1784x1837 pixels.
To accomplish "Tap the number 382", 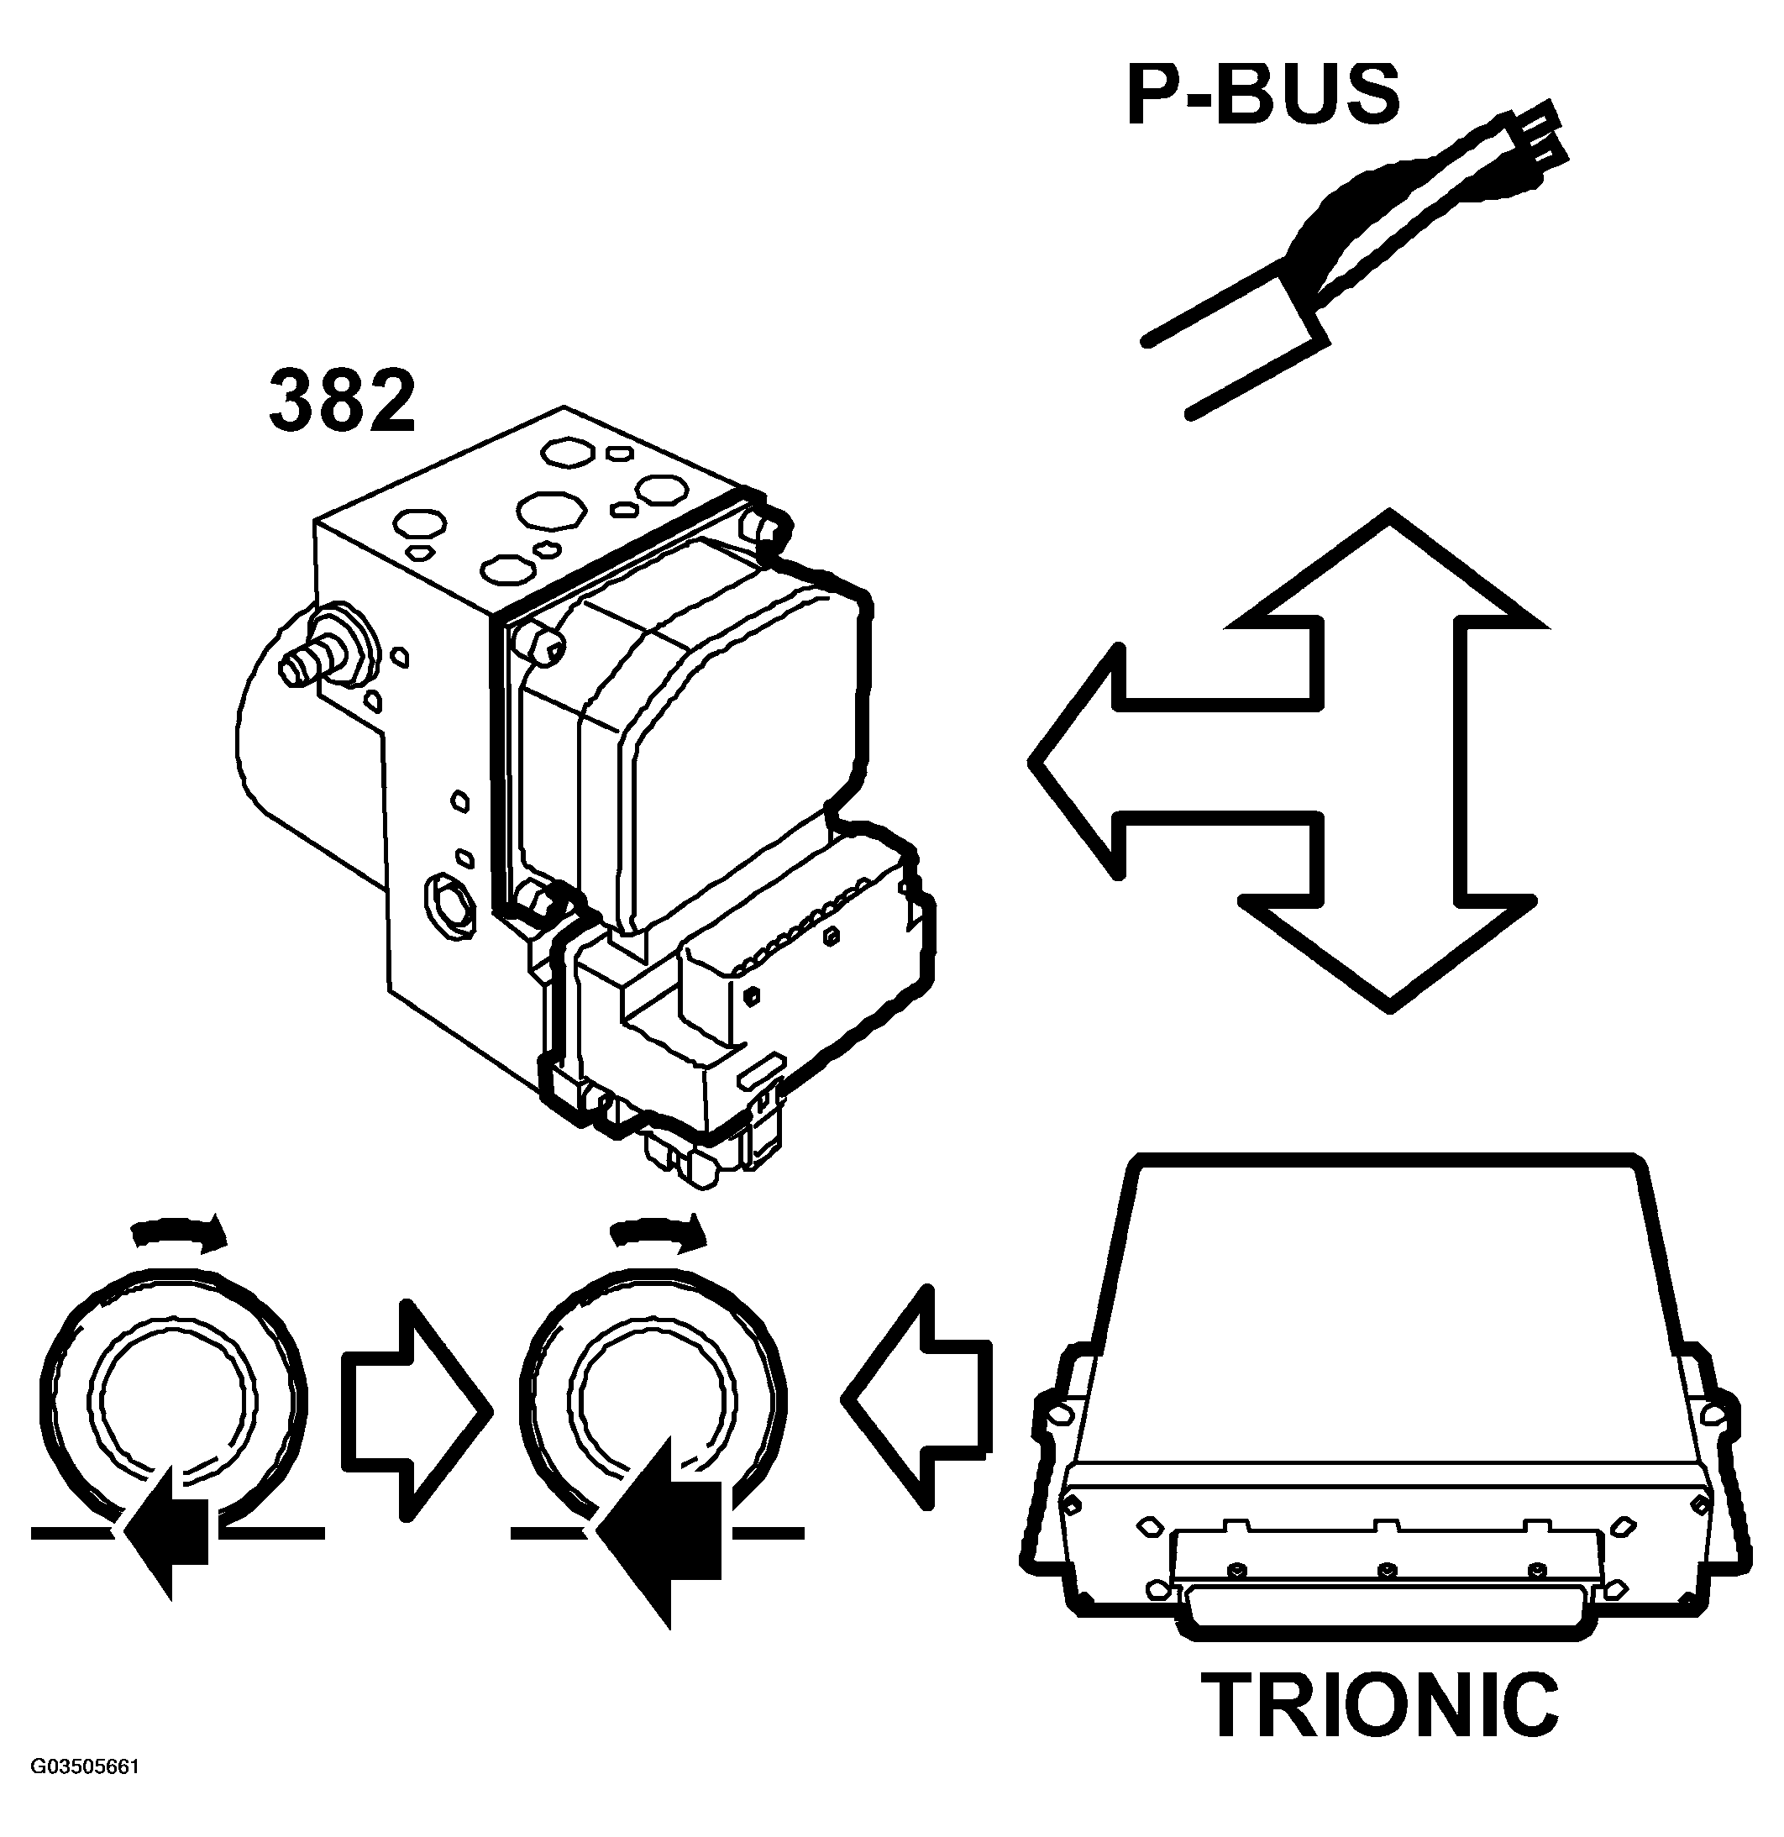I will tap(342, 402).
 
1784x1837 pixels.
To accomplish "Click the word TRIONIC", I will tap(1380, 1707).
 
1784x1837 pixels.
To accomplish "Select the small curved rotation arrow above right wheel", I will tap(657, 1231).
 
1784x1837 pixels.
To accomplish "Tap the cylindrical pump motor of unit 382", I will tap(281, 750).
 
